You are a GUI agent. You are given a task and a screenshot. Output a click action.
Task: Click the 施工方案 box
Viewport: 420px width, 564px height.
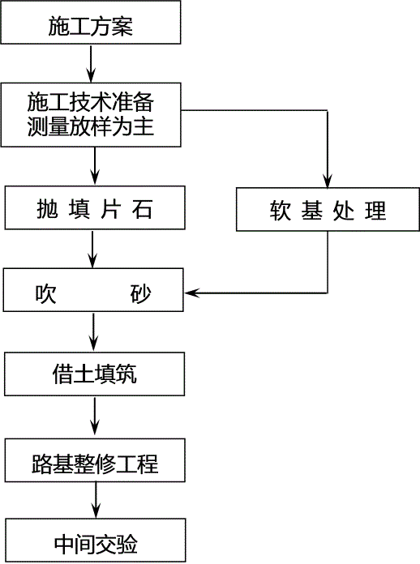coord(91,23)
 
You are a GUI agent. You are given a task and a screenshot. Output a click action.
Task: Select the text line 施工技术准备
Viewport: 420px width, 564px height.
coord(91,102)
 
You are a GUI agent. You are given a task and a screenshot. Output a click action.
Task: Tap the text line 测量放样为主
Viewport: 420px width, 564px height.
coord(91,126)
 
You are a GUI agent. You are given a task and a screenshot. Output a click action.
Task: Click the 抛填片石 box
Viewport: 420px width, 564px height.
coord(95,208)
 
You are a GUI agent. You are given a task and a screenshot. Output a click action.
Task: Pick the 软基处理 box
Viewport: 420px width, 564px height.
coord(328,209)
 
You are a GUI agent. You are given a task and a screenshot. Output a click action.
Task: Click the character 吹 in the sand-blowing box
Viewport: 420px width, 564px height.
coord(45,294)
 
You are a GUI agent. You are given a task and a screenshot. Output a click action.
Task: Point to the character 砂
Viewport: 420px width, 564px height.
coord(141,294)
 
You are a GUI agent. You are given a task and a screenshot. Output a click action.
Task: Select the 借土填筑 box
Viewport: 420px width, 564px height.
coord(95,374)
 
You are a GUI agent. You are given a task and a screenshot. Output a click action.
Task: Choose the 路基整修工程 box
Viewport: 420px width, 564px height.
coord(95,460)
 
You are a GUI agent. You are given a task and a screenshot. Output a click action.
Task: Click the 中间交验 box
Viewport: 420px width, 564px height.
coord(96,540)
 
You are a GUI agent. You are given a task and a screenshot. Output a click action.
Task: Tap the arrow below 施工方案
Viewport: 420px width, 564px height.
coord(91,64)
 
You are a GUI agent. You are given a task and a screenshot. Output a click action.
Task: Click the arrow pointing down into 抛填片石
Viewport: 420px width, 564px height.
coord(95,166)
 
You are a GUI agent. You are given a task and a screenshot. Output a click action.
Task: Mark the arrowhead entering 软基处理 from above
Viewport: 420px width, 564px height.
coord(327,181)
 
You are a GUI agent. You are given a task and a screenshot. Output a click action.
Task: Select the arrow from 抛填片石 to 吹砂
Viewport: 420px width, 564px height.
coord(92,249)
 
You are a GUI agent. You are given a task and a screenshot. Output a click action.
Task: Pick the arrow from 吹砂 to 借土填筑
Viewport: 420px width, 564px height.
coord(93,331)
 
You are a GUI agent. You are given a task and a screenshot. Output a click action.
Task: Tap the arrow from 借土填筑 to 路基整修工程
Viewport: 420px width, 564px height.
coord(95,417)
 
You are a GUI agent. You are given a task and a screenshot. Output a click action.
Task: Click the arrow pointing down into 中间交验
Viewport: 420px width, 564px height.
coord(96,500)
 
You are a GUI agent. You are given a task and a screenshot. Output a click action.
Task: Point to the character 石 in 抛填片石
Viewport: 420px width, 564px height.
coord(143,208)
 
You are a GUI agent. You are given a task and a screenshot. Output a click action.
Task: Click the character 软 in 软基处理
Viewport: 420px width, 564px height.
coord(280,211)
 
